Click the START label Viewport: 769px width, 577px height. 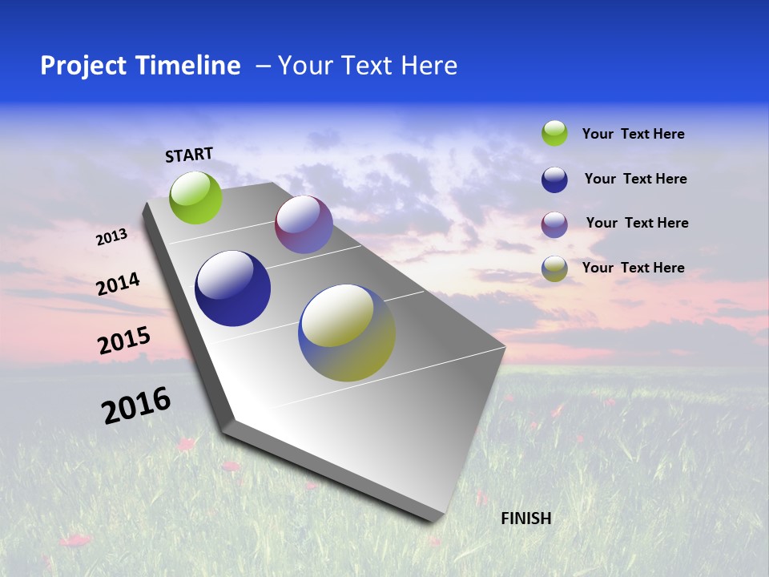pos(189,155)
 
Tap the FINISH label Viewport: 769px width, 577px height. pos(526,518)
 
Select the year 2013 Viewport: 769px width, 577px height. pos(111,237)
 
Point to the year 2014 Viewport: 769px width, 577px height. pos(119,284)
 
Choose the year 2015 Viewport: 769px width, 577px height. pos(124,341)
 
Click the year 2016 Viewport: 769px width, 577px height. pos(136,406)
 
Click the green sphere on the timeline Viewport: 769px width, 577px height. pos(196,197)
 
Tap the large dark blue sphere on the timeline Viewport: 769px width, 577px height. pos(232,288)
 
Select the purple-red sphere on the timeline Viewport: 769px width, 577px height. pos(304,224)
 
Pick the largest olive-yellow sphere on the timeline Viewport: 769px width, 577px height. pos(347,333)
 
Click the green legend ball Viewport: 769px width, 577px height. pos(554,133)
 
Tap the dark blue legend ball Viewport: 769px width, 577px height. pos(554,180)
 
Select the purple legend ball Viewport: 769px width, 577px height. pos(554,224)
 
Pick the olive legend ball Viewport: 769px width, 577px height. pos(554,268)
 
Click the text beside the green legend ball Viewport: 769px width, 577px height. pos(633,134)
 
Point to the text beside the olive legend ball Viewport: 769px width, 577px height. pos(633,268)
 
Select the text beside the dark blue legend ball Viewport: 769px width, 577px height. pos(635,179)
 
